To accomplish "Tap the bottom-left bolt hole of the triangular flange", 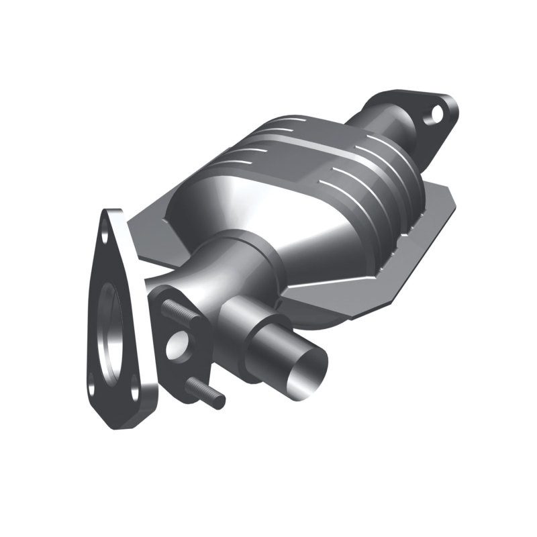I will [x=93, y=387].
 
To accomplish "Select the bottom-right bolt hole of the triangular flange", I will [x=134, y=387].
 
